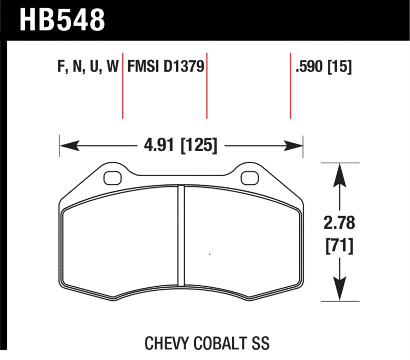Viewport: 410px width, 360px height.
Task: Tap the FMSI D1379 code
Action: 166,67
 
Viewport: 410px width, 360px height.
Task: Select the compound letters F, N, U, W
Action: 86,67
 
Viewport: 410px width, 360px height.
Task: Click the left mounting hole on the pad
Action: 111,178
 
